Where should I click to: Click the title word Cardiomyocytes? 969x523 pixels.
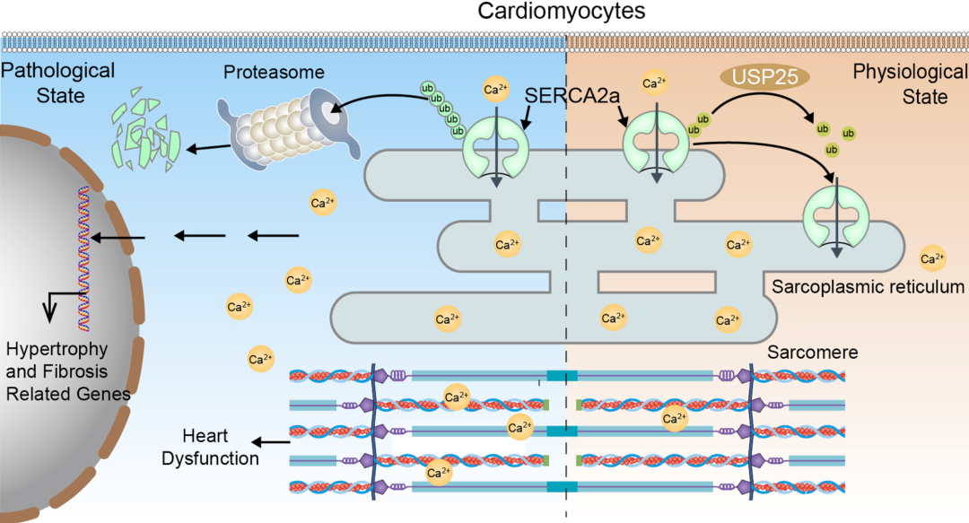coord(484,13)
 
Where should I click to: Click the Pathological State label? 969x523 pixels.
coord(58,81)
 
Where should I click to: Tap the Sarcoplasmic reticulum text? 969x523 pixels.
coord(868,287)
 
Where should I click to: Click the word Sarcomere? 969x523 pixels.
coord(813,353)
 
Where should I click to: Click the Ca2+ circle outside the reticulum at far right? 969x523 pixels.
coord(933,260)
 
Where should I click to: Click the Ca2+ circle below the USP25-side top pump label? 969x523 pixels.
coord(655,84)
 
